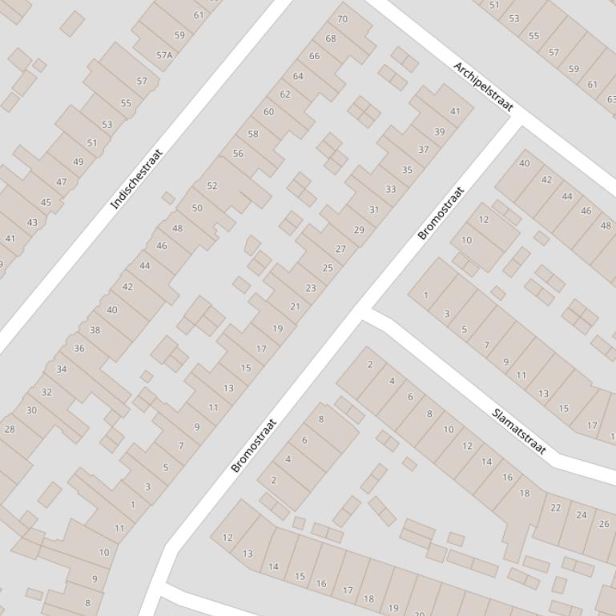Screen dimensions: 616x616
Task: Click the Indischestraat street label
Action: pos(136,179)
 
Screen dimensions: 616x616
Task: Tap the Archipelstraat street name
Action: pos(483,86)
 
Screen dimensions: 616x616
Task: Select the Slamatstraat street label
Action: pos(518,431)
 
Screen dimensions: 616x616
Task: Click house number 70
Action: pos(343,19)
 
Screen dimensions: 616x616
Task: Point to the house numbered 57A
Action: pos(164,55)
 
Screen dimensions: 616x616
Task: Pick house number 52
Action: pos(212,186)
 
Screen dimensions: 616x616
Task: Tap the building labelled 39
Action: pos(439,132)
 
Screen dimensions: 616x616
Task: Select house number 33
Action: pos(390,190)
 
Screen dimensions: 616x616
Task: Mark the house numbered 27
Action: pos(340,249)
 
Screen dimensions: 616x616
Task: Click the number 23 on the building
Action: pos(311,288)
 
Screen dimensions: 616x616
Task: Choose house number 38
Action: pos(95,330)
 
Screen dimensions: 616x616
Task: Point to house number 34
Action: pos(62,369)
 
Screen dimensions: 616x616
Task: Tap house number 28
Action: pos(10,429)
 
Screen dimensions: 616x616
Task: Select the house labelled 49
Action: pos(78,162)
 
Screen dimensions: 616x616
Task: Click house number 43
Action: pos(32,222)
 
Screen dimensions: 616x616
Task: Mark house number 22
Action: pos(556,507)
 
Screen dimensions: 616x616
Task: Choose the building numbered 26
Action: pos(604,524)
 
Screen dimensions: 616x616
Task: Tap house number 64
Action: pos(298,76)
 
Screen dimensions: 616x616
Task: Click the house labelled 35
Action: pos(407,170)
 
